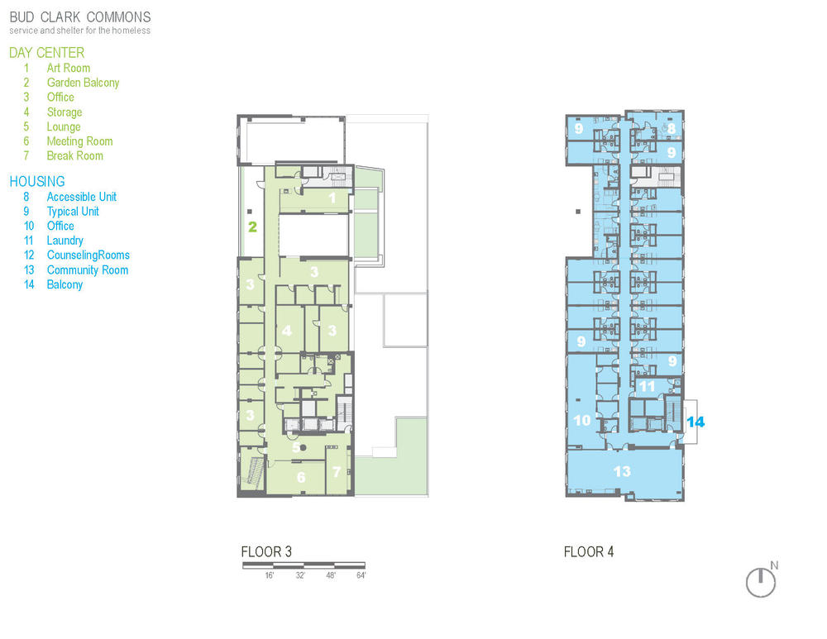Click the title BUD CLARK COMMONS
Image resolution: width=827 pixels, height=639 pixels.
[x=80, y=17]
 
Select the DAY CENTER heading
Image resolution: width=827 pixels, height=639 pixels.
[x=47, y=53]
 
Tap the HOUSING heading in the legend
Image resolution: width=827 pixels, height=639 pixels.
[x=37, y=181]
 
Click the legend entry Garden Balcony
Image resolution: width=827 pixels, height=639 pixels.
[x=83, y=83]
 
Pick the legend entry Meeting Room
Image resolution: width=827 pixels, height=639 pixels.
[x=79, y=141]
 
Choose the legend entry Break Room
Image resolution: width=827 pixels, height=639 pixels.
[x=75, y=155]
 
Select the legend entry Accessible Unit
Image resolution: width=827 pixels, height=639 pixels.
[x=82, y=197]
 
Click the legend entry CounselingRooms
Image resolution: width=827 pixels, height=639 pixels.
[x=88, y=255]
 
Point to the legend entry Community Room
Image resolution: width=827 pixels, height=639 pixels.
[x=88, y=270]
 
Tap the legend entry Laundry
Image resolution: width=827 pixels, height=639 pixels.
[x=65, y=241]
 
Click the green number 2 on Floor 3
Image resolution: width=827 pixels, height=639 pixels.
[x=252, y=227]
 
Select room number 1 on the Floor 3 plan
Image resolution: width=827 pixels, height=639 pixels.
[x=332, y=198]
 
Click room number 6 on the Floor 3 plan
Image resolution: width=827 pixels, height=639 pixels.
[x=301, y=477]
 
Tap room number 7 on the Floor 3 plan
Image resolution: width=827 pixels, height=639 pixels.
[x=337, y=471]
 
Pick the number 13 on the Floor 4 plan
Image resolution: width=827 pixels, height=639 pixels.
[x=623, y=471]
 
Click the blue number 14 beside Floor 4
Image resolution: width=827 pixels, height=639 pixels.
[x=696, y=422]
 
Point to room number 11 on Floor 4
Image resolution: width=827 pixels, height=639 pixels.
[x=647, y=386]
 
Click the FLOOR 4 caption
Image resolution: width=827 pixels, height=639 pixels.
[x=589, y=552]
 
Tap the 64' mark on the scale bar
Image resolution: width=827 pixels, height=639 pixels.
[x=361, y=575]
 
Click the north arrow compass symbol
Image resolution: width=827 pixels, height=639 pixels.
[x=761, y=583]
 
